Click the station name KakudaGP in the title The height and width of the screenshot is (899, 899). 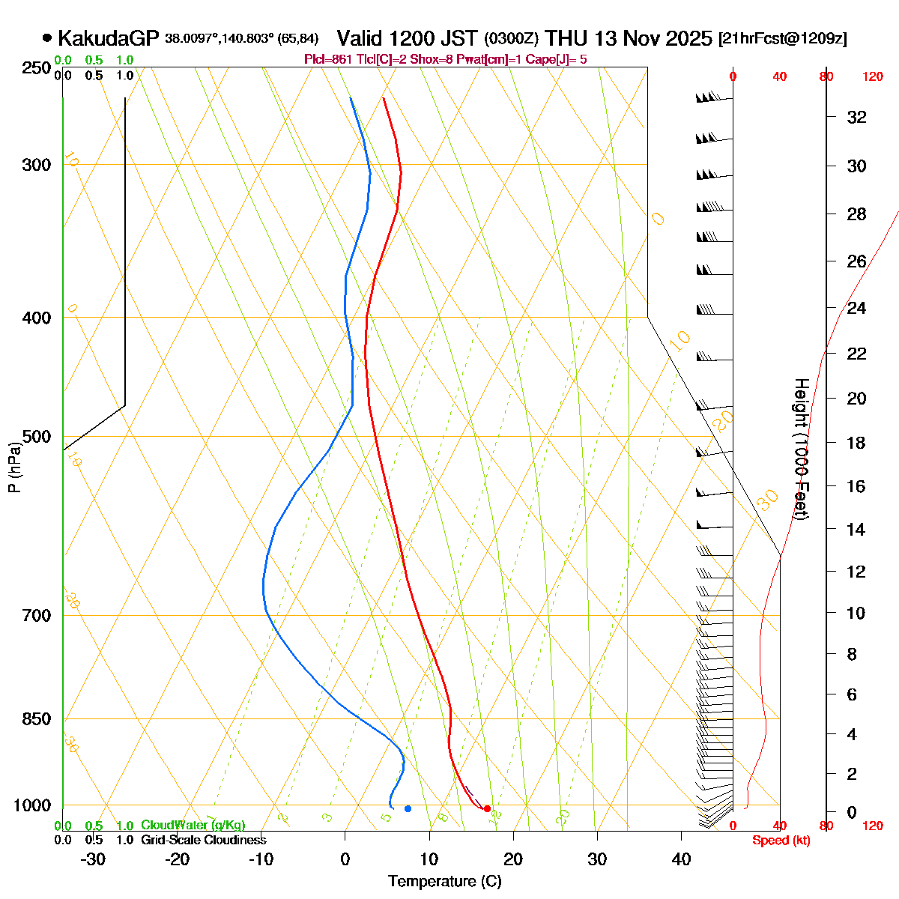tap(108, 38)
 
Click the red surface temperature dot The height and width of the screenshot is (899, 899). tap(487, 808)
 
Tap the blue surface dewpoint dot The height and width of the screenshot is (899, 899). tap(408, 808)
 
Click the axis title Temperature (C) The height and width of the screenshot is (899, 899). tap(444, 882)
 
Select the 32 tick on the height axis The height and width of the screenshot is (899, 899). tap(856, 117)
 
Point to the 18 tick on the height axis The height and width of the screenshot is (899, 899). tap(856, 443)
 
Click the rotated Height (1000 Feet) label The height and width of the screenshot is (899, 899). tap(800, 449)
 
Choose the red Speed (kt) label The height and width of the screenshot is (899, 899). tap(781, 841)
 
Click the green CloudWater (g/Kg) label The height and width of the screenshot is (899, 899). tap(193, 826)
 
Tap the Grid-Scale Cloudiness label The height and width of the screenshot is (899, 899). tap(203, 841)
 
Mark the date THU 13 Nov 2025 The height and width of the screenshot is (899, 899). tap(629, 38)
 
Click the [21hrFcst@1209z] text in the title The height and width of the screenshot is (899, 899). tap(782, 39)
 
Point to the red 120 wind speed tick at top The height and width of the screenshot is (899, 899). tap(873, 76)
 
